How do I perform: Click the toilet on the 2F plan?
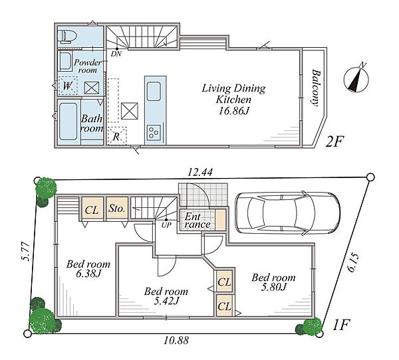pos(67,36)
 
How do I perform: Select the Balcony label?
pos(315,87)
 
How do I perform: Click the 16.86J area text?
pos(233,111)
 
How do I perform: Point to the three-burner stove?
pos(154,132)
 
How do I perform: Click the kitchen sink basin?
pos(154,91)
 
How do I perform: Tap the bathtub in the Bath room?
pos(68,122)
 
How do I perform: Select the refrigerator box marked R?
pos(117,135)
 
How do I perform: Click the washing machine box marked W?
pos(68,86)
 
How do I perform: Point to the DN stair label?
pos(116,54)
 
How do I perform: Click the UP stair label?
pos(166,225)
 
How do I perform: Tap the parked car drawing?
pos(287,213)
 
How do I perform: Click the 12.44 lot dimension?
pos(200,173)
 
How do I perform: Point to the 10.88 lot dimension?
pos(176,340)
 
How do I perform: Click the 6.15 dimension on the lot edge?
pos(353,263)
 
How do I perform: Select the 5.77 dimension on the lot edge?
pos(25,252)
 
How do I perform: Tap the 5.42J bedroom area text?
pos(166,301)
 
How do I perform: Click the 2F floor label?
pos(335,142)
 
